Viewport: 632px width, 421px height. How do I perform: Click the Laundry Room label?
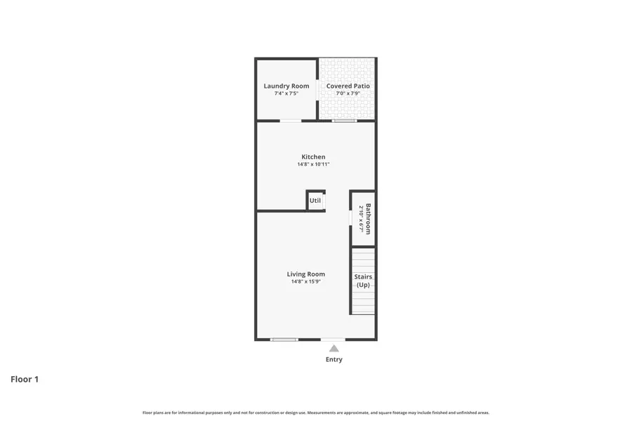click(287, 86)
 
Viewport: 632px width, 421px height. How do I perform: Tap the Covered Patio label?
click(348, 86)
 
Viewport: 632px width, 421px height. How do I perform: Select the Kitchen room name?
click(313, 157)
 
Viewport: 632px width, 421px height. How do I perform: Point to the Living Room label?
click(305, 274)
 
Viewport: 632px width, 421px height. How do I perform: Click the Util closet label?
click(315, 201)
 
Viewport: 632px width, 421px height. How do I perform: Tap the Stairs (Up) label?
click(363, 281)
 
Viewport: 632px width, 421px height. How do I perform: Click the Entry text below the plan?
click(334, 360)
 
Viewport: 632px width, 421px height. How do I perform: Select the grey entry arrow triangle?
click(334, 348)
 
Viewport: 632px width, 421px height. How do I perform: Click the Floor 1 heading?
click(25, 380)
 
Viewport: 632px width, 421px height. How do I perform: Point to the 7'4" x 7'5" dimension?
click(287, 93)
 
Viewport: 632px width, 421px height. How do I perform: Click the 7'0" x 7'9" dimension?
click(348, 93)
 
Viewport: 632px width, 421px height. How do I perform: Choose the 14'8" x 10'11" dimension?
click(313, 164)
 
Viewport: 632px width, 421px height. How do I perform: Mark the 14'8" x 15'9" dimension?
click(305, 281)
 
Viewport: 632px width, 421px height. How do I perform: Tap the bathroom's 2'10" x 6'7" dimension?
click(360, 219)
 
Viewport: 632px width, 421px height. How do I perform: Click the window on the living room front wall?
click(284, 340)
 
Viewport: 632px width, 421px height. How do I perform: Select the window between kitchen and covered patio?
click(344, 121)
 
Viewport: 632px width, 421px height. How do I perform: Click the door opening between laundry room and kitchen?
click(291, 121)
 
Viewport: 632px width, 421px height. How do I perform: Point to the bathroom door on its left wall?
click(351, 219)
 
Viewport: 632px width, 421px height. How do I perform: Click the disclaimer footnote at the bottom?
click(316, 413)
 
